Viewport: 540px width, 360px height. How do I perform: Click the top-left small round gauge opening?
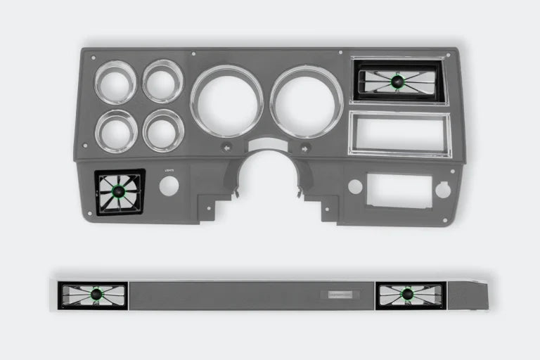[115, 82]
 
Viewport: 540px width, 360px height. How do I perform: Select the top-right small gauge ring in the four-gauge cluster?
[163, 81]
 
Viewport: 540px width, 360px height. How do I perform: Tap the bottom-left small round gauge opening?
[116, 131]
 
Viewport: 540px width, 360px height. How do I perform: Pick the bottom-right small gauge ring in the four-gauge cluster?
[163, 130]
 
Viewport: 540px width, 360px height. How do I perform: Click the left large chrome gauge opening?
[226, 101]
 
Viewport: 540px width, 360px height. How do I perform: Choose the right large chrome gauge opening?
[306, 101]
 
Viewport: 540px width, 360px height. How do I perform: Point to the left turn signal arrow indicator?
[226, 148]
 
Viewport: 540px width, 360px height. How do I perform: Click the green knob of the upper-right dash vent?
[399, 82]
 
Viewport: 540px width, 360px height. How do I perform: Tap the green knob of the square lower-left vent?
[120, 192]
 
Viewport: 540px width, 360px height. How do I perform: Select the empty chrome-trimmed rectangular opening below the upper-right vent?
[399, 133]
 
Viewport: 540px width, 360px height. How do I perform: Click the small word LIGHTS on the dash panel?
[169, 170]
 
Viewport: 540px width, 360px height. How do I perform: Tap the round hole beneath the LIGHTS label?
[169, 186]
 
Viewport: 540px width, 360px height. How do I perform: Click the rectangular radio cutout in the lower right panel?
[399, 189]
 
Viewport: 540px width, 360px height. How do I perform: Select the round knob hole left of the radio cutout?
[355, 187]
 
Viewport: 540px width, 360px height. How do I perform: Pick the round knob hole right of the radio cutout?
[443, 189]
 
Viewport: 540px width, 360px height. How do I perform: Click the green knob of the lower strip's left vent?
[94, 294]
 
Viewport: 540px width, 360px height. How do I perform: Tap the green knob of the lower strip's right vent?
[406, 294]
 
